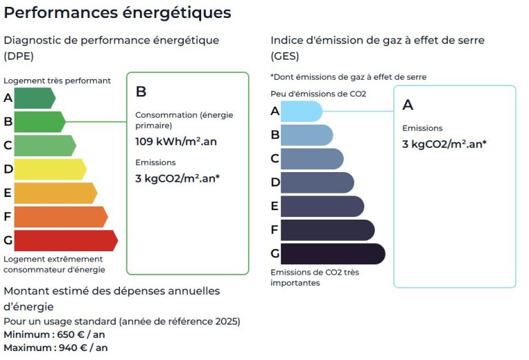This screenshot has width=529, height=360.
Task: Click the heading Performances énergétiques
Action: pos(117,12)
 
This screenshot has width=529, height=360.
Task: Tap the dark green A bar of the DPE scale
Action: pos(34,98)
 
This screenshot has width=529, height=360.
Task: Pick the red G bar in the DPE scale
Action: pos(65,240)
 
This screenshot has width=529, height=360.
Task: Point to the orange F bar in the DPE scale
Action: pos(60,217)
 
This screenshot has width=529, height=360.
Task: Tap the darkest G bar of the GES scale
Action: pos(332,253)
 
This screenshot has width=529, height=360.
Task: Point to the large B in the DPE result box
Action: pos(141,92)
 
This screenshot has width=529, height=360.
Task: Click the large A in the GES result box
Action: pos(408,105)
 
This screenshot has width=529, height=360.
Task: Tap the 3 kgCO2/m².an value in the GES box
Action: pos(444,145)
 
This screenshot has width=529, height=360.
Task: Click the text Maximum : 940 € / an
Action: pos(55,348)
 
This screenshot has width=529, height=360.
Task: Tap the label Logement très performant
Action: pos(57,81)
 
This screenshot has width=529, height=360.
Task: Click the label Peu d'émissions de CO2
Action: pos(318,94)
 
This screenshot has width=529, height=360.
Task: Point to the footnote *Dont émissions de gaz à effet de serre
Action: pos(349,77)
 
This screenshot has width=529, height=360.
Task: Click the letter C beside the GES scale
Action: pos(275,158)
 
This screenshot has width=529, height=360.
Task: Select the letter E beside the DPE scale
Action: pos(8,193)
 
